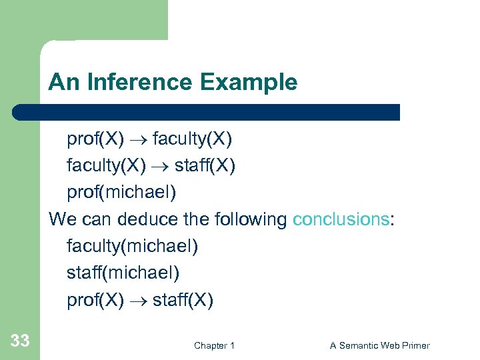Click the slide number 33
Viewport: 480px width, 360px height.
coord(20,341)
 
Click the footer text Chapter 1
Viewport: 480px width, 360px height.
coord(214,345)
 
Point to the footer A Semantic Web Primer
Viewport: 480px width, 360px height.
coord(380,345)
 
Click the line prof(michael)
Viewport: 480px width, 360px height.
coord(121,193)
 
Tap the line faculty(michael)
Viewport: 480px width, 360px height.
coord(132,247)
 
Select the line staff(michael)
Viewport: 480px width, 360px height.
coord(123,273)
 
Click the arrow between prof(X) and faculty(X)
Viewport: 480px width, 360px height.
coord(138,139)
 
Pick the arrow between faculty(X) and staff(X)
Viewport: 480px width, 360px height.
coord(161,166)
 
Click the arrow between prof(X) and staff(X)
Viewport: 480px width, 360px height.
coord(138,301)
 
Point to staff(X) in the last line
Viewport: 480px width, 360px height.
coord(183,300)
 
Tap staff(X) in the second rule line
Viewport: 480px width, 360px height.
coord(206,165)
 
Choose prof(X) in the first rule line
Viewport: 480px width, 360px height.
coord(95,139)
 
